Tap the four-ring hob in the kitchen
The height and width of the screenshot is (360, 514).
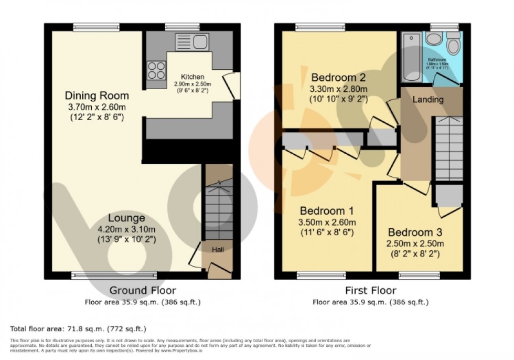coord(156,70)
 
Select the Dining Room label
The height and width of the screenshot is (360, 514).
coord(97,96)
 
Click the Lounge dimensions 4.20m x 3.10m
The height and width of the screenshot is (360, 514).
coord(126,229)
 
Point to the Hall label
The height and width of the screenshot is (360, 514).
coord(218,250)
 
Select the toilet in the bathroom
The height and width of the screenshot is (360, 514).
coord(454,45)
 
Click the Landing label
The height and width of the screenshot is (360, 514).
coord(428,99)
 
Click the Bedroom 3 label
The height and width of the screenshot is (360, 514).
coord(415,232)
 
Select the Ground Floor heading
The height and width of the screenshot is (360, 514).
coord(143,290)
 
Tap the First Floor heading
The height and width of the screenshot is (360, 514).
coord(371,290)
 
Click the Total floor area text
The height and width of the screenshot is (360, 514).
coord(78,329)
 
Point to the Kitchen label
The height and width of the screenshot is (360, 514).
coord(192,76)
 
